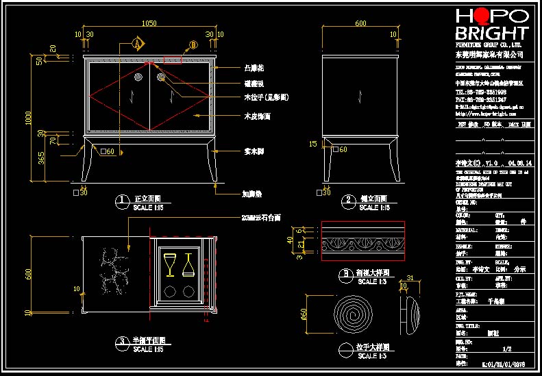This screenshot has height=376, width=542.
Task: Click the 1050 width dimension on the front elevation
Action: (x=149, y=23)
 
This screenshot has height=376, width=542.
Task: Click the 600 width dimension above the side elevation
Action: (x=360, y=23)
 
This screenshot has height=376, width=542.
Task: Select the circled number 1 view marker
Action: (x=122, y=200)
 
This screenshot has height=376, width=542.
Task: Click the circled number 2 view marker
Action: (x=347, y=200)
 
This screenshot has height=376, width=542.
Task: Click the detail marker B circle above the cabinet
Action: (x=193, y=45)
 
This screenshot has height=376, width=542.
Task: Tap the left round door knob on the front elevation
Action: (x=138, y=78)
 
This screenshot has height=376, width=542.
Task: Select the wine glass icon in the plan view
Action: (x=170, y=264)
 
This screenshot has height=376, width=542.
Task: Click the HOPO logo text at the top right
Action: (x=492, y=16)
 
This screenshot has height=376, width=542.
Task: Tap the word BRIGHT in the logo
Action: (x=492, y=33)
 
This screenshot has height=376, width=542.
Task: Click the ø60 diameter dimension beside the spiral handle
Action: (x=305, y=315)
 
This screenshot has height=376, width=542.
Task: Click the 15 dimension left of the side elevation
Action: (x=313, y=144)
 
